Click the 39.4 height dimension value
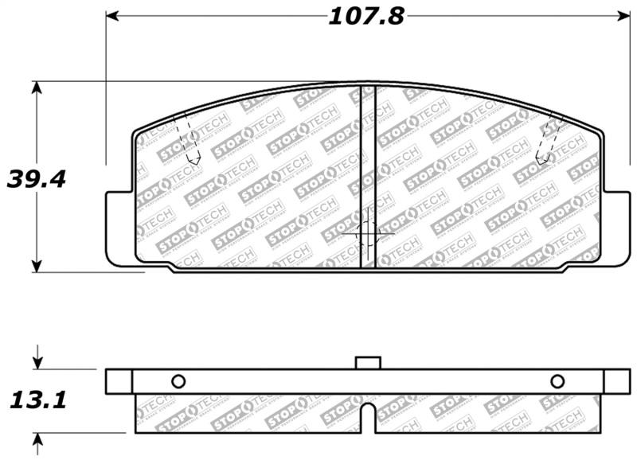35,179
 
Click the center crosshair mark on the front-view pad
366,233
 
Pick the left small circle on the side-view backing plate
178,380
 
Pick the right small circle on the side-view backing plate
557,380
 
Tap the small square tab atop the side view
367,363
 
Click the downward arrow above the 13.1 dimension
37,361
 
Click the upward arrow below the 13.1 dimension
37,441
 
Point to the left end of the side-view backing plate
111,381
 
